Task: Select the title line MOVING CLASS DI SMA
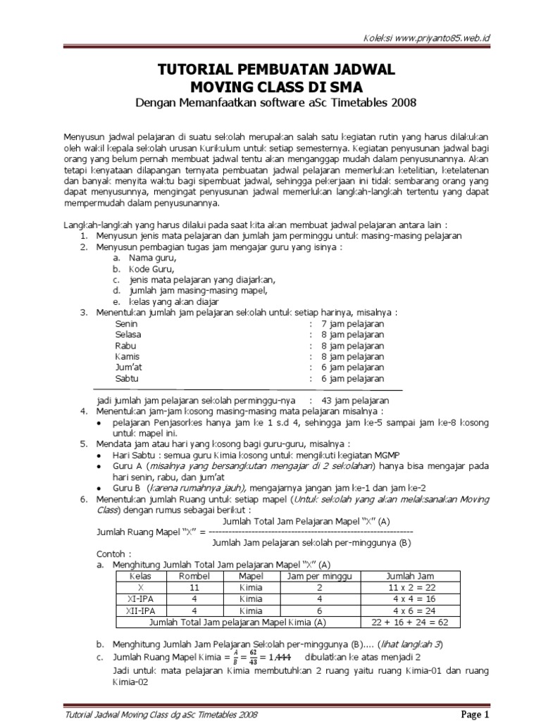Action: [x=275, y=87]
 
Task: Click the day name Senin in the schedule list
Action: [x=126, y=324]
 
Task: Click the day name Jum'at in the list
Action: [x=128, y=368]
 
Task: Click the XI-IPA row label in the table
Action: [x=142, y=599]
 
